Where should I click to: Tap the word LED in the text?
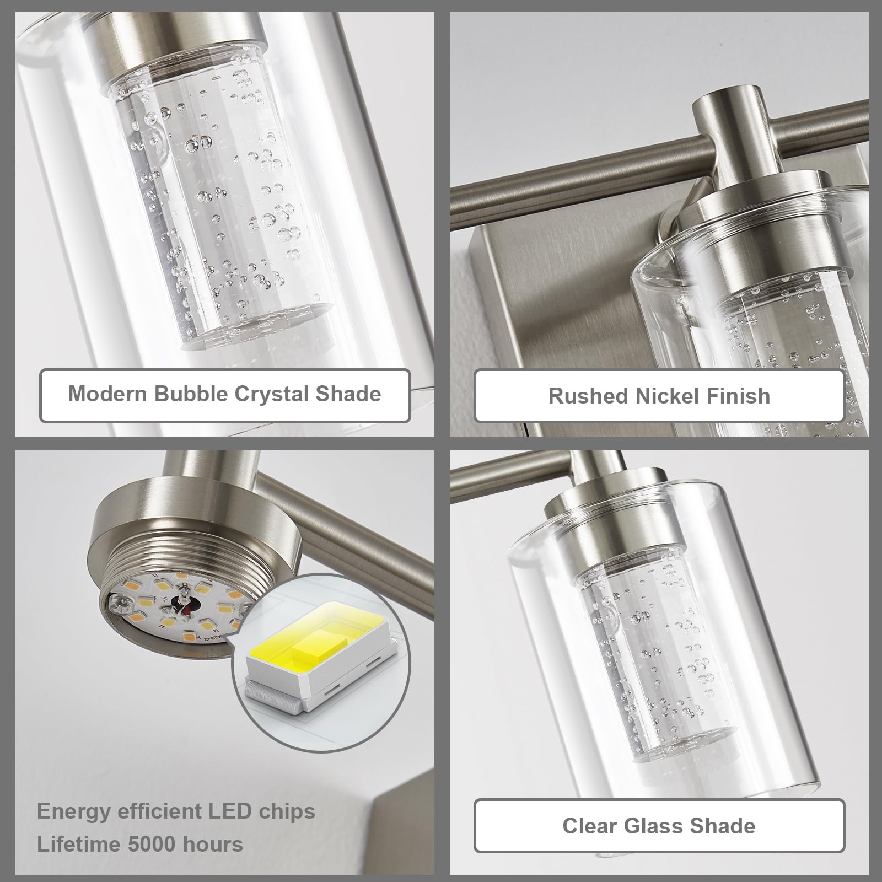pyautogui.click(x=229, y=811)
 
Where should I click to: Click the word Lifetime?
pyautogui.click(x=79, y=844)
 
